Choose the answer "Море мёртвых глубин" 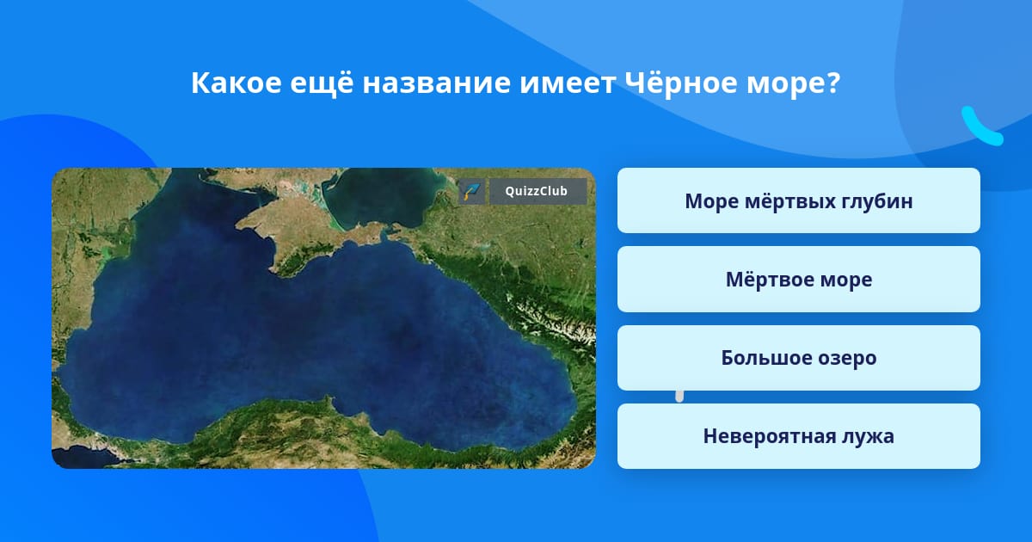[x=798, y=200]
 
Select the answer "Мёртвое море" [x=798, y=280]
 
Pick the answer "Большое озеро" [x=798, y=358]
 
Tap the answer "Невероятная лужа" [x=798, y=436]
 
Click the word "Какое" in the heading [x=236, y=83]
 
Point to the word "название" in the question [x=437, y=84]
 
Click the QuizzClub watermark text [x=537, y=191]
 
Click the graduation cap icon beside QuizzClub [x=471, y=191]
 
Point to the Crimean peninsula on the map [x=295, y=231]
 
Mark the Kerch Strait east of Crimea [x=384, y=233]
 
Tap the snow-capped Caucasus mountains [x=553, y=318]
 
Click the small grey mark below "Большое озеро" [x=679, y=397]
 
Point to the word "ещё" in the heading [x=322, y=83]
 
